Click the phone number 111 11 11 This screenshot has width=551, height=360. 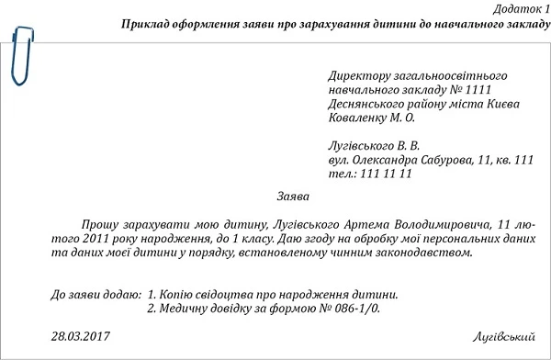383,173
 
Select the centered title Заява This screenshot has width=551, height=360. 293,197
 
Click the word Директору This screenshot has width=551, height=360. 357,75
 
